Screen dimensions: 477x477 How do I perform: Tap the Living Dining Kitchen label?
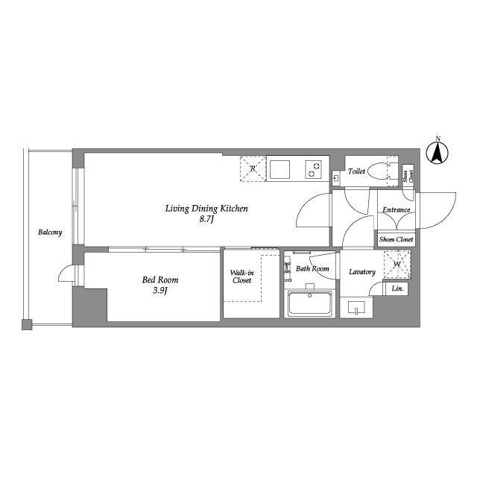click(206, 209)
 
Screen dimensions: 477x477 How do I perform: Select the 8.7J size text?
click(206, 219)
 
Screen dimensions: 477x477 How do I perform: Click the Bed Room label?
click(160, 280)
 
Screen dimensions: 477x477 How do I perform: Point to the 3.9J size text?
click(160, 291)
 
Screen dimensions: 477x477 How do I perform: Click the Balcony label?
click(50, 233)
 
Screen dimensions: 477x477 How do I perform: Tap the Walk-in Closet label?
click(241, 277)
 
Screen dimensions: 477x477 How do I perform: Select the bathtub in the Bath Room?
click(310, 303)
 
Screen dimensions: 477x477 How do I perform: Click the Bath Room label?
click(312, 269)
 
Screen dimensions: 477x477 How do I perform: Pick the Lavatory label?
click(362, 272)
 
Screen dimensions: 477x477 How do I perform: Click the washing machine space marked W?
click(397, 264)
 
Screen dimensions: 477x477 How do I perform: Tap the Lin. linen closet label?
click(397, 288)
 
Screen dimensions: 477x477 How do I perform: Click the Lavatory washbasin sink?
click(356, 308)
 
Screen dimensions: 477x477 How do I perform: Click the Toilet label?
click(356, 171)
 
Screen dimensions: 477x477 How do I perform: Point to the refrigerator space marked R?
click(253, 168)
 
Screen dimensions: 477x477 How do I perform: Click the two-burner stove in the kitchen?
click(314, 170)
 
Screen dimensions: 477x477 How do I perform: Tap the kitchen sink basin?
click(280, 169)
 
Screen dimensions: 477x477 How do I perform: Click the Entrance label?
click(396, 210)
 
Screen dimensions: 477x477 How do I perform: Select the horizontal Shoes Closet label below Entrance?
click(396, 239)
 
